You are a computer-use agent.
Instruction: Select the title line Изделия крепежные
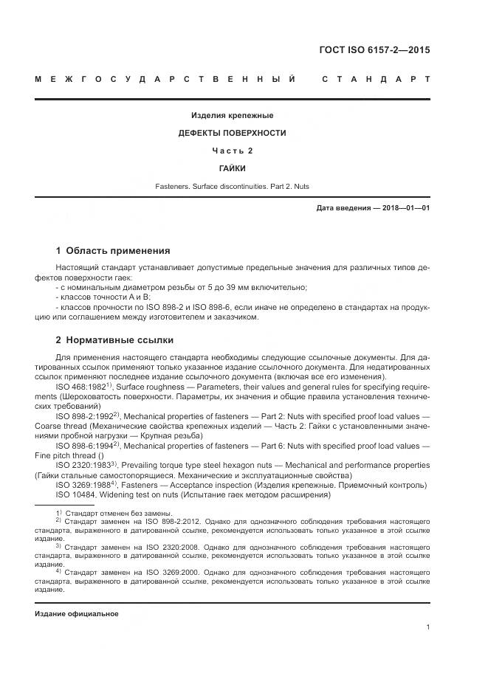coord(233,115)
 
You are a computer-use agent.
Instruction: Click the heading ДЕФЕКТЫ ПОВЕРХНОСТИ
coord(233,133)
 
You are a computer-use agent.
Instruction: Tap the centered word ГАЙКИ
coord(233,168)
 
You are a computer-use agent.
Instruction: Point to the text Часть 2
coord(233,151)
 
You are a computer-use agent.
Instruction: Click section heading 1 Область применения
coord(113,250)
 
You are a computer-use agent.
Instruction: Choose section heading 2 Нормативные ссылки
coord(114,339)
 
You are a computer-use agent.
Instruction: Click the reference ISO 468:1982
coord(80,386)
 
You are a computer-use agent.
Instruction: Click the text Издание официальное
coord(77,613)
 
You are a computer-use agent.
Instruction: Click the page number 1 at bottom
coord(427,627)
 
